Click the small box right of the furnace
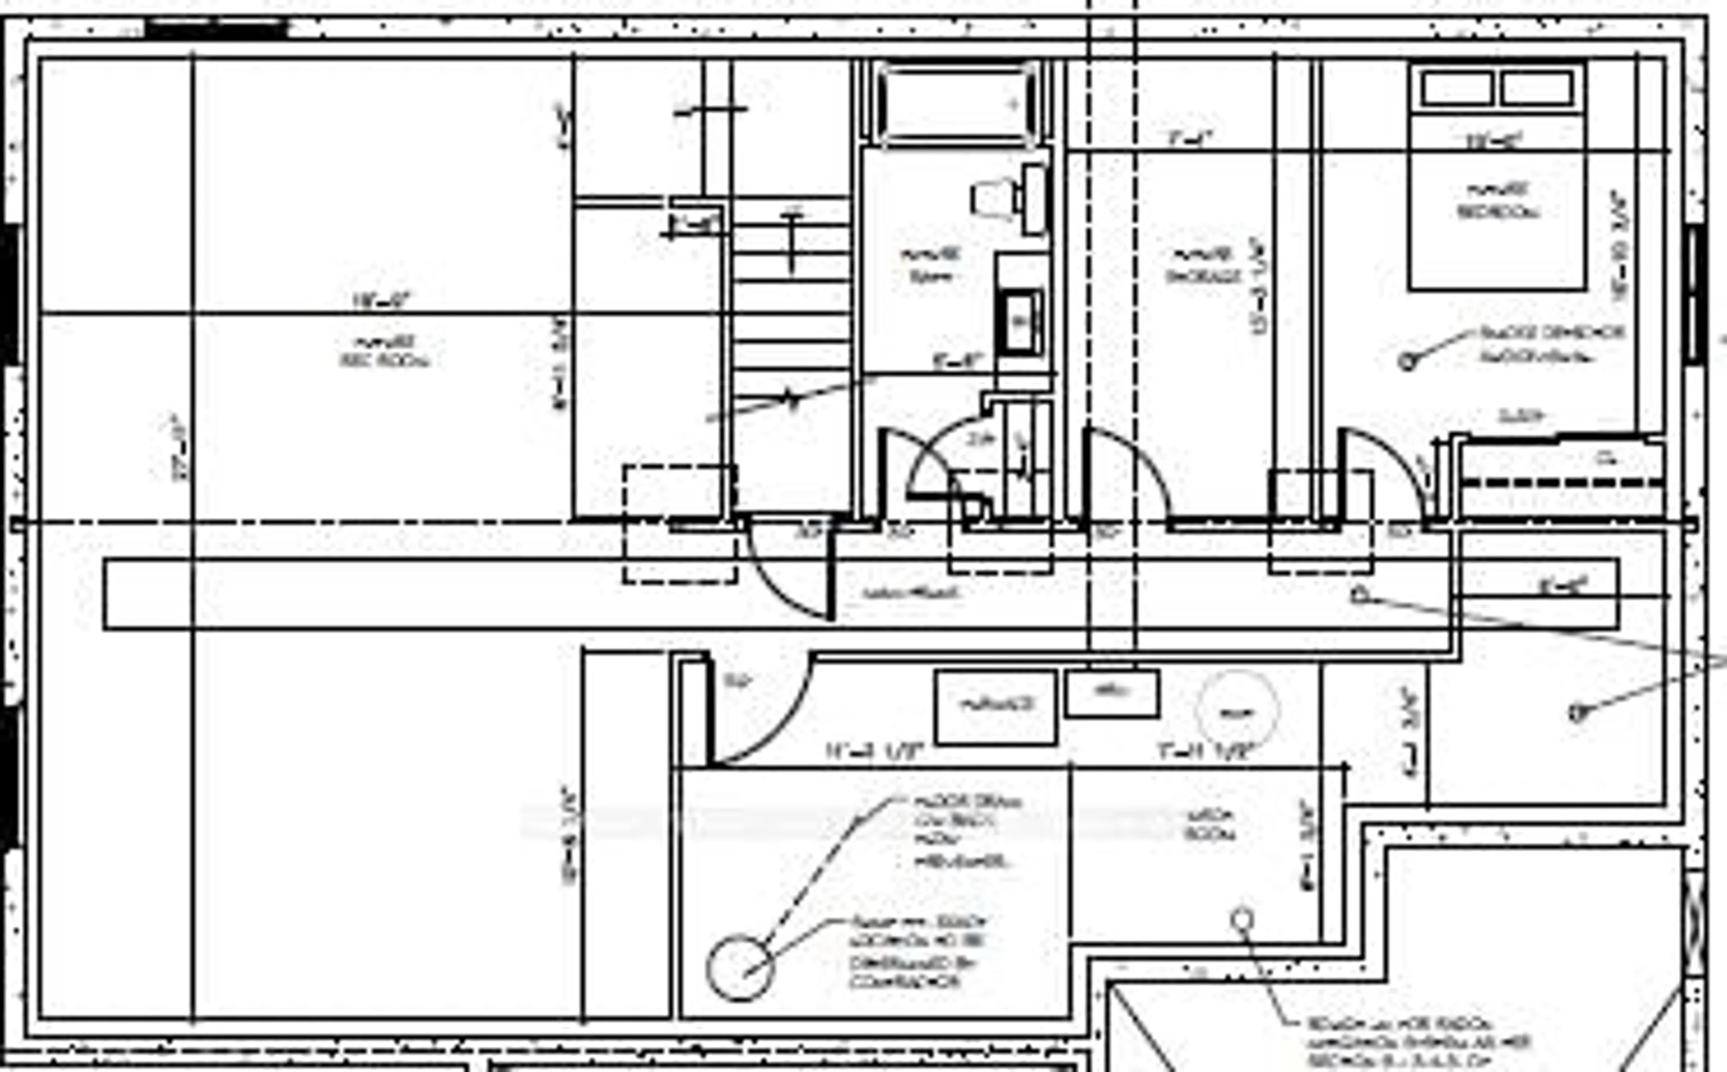1113,693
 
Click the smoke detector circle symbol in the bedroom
1407,361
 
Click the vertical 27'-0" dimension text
180,448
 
